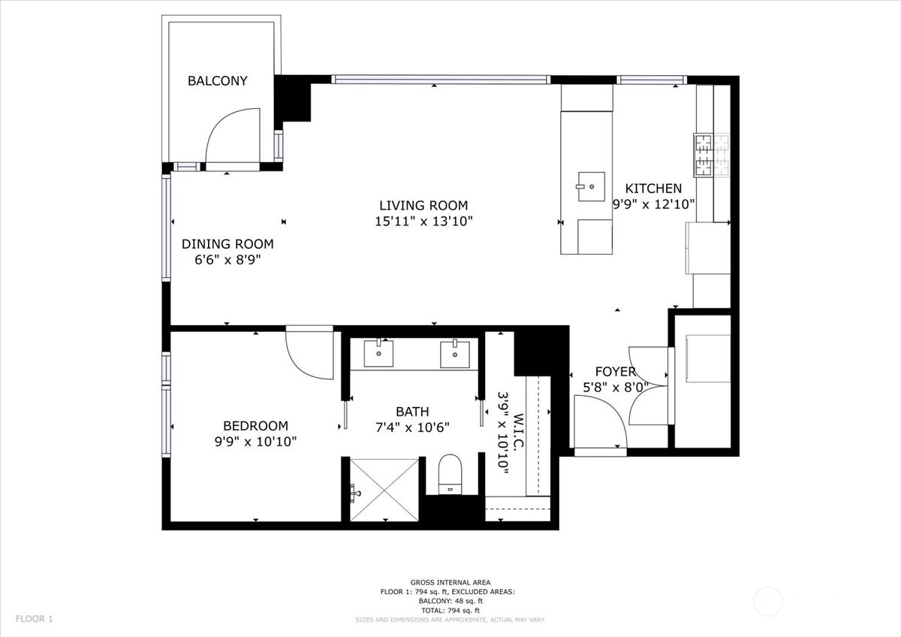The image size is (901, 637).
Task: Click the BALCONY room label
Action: coord(217,81)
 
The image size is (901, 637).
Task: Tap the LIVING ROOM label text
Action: coord(423,206)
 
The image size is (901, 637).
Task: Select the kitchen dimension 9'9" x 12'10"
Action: coord(654,204)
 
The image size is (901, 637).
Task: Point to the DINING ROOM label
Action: coord(228,244)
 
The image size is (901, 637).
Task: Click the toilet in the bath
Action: coord(450,474)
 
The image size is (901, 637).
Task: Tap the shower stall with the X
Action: coord(384,490)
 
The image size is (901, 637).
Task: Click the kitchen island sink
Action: coord(592,187)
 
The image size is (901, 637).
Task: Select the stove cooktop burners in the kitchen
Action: coord(711,155)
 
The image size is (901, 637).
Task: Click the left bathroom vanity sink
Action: coord(378,353)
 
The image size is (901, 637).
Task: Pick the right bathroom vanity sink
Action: coord(455,354)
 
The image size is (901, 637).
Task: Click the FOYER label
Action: coord(616,371)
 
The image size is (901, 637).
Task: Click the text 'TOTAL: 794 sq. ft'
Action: coord(450,611)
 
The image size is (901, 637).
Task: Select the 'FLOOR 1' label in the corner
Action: coord(35,619)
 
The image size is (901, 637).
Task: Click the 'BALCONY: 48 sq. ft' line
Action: coord(450,601)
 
